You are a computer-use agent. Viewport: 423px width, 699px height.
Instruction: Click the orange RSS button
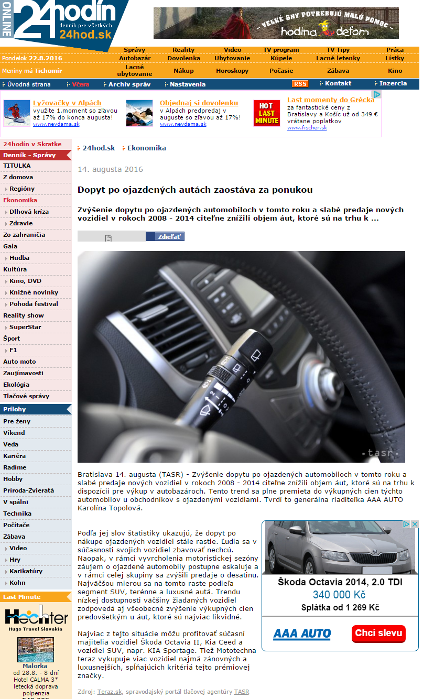(300, 84)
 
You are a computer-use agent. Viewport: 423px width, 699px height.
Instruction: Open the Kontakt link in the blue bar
(338, 83)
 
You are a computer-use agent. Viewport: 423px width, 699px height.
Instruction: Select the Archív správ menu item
(129, 84)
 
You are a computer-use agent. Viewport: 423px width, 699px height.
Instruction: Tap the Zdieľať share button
(165, 237)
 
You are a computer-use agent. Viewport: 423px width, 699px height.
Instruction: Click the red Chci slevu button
(378, 633)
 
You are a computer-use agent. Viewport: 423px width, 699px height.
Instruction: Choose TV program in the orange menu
(281, 50)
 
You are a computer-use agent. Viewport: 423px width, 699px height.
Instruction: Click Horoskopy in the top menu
(232, 71)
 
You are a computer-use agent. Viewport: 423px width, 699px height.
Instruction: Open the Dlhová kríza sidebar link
(29, 212)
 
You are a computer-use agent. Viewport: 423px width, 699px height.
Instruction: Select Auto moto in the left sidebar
(19, 362)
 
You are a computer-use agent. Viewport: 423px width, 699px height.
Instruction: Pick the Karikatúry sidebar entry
(26, 571)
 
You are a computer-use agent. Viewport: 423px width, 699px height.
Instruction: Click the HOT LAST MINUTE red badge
(267, 113)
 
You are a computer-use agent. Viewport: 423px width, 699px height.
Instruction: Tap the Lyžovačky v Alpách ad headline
(67, 103)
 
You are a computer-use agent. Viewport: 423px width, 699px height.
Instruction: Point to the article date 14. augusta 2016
(110, 169)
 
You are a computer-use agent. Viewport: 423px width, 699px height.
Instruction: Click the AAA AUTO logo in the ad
(301, 634)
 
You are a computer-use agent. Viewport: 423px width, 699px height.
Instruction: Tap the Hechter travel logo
(36, 618)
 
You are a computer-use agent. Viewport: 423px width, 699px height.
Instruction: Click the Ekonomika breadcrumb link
(146, 148)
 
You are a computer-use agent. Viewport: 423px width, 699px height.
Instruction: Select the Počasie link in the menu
(281, 71)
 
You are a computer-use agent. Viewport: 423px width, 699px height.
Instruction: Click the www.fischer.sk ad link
(307, 128)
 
